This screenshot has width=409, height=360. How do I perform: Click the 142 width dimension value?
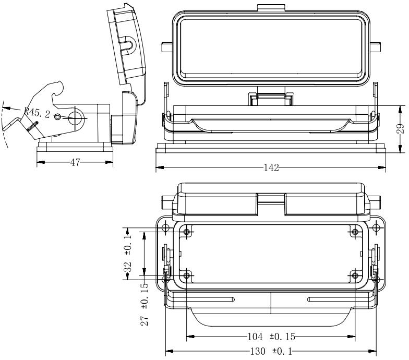pyautogui.click(x=271, y=168)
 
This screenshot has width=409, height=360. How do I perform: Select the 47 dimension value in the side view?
pyautogui.click(x=75, y=162)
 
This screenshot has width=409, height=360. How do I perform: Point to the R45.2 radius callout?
pyautogui.click(x=37, y=113)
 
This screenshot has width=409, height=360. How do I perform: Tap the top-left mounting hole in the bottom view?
pyautogui.click(x=166, y=229)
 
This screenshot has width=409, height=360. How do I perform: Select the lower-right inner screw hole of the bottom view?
pyautogui.click(x=355, y=275)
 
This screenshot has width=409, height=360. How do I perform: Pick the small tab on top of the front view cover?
pyautogui.click(x=270, y=7)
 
